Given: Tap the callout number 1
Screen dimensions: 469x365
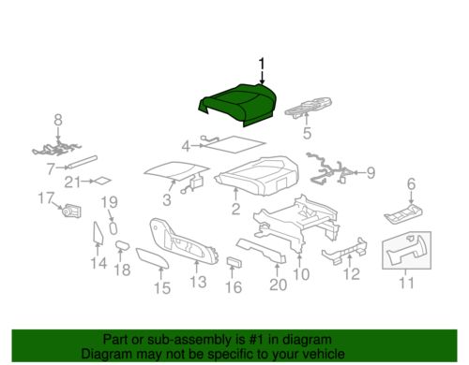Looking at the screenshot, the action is coord(262,66).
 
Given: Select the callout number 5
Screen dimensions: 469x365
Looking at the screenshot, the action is coord(307,133).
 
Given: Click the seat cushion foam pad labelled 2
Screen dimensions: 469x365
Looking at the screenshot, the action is coord(257,175).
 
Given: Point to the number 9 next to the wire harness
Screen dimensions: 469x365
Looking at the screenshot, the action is coord(371,172).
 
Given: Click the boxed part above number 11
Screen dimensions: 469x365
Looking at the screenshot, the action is coord(407,250).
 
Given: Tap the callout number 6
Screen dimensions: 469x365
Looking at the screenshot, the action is coord(411,183).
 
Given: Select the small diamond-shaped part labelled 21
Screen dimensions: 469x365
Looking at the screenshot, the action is coord(102,181).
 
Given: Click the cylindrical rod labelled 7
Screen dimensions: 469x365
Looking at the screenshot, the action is coord(83,162).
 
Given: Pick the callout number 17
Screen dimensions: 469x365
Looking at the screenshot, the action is coord(46,198).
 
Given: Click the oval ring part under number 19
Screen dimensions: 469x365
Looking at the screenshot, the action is coord(113,228).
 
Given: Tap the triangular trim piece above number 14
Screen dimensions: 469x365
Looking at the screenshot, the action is coord(98,232).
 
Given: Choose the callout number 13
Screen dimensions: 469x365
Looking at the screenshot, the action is coord(198,282).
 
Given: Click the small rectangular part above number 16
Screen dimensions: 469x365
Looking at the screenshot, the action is coord(234,262).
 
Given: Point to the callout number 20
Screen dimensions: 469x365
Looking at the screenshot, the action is coord(278,285).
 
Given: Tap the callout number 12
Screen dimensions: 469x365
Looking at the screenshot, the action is coord(351,274).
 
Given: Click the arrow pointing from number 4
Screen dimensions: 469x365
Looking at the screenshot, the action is coord(197,145).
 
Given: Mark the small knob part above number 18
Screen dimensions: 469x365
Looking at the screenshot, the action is coord(122,245).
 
